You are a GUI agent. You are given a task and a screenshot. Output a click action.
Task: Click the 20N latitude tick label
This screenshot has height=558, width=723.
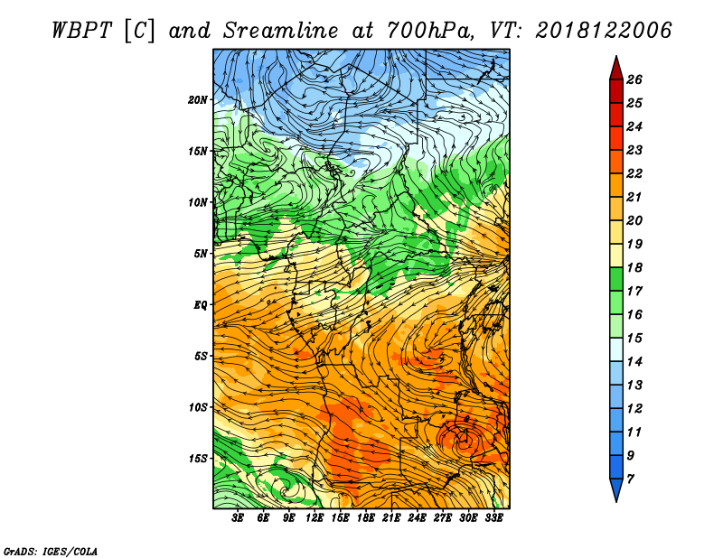[197, 100]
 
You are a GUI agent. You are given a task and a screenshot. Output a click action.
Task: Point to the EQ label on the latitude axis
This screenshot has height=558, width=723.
[201, 305]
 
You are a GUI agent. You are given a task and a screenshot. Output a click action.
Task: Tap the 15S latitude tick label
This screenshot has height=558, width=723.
[198, 459]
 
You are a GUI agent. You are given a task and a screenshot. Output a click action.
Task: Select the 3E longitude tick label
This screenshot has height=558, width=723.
[238, 518]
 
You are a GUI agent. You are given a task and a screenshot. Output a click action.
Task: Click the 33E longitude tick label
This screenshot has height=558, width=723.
[493, 518]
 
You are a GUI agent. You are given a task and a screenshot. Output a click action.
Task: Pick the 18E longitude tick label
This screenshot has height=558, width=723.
[366, 518]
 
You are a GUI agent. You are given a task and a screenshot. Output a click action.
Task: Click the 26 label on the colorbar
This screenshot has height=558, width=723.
[634, 79]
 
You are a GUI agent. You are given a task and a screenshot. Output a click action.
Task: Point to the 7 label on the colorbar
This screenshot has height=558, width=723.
[630, 479]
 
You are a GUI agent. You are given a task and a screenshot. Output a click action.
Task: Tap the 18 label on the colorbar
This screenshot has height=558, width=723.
[634, 267]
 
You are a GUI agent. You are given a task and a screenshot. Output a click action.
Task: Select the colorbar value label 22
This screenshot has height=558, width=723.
[634, 173]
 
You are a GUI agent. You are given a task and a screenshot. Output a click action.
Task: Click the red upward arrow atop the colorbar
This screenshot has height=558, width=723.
[616, 69]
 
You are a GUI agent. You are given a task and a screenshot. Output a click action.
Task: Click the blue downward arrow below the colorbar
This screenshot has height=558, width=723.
[616, 490]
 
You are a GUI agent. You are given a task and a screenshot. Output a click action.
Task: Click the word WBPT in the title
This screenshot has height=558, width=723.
[81, 31]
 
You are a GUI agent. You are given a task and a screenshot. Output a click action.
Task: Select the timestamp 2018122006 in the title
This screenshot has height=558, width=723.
[603, 31]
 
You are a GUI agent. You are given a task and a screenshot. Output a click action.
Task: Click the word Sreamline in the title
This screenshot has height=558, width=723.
[281, 31]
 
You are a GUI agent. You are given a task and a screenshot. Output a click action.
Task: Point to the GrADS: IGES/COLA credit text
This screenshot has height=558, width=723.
[51, 551]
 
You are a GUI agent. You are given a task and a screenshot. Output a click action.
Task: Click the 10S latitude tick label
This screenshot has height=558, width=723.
[198, 408]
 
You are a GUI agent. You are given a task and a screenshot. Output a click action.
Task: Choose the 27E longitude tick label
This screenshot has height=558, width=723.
[442, 518]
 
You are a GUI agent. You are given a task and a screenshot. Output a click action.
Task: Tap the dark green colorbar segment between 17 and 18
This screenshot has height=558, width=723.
[616, 279]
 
